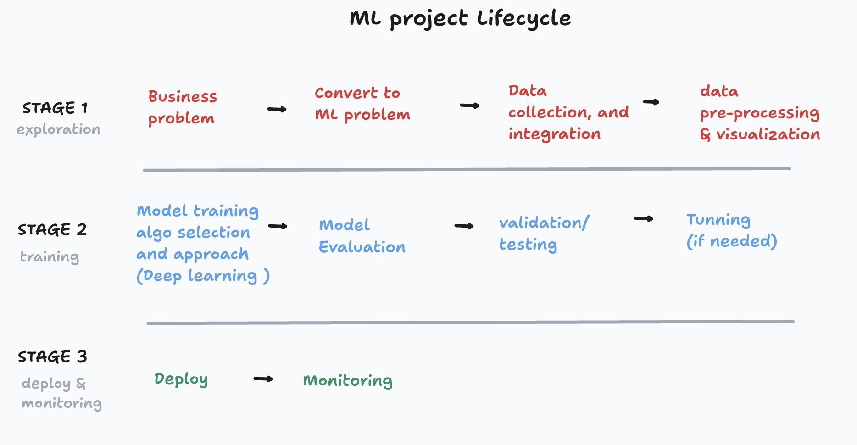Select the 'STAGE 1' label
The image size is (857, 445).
pos(55,108)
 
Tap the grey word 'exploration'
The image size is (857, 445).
pos(58,130)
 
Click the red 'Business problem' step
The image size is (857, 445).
pos(182,107)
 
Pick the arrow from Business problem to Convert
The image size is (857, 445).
pos(277,109)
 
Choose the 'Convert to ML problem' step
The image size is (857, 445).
pos(362,104)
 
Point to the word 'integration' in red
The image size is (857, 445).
pos(554,134)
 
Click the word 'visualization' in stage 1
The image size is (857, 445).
pos(768,134)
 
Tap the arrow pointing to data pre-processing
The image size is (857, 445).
pos(651,102)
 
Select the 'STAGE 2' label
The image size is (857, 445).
pos(52,229)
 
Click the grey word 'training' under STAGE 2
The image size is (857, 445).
pos(50,257)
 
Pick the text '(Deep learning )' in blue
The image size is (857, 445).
pos(203,276)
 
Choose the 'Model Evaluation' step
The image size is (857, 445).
pos(362,236)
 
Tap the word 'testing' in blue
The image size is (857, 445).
pos(528,245)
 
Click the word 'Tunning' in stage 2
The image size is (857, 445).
pos(718,220)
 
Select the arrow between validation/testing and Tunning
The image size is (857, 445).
pos(643,219)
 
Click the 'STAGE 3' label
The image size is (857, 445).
pos(52,356)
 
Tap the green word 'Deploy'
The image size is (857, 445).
pos(181,379)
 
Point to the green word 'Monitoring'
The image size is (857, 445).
pos(347,381)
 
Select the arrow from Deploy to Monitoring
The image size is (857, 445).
pos(263,379)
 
